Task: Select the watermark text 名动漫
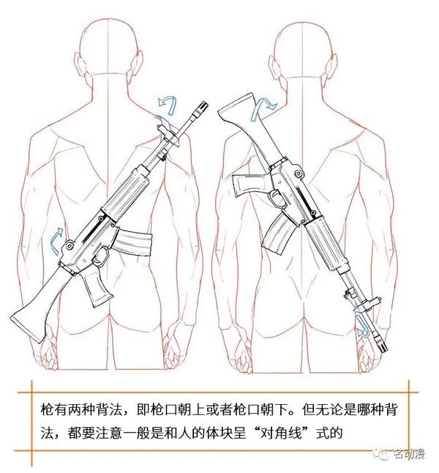[409, 454]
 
